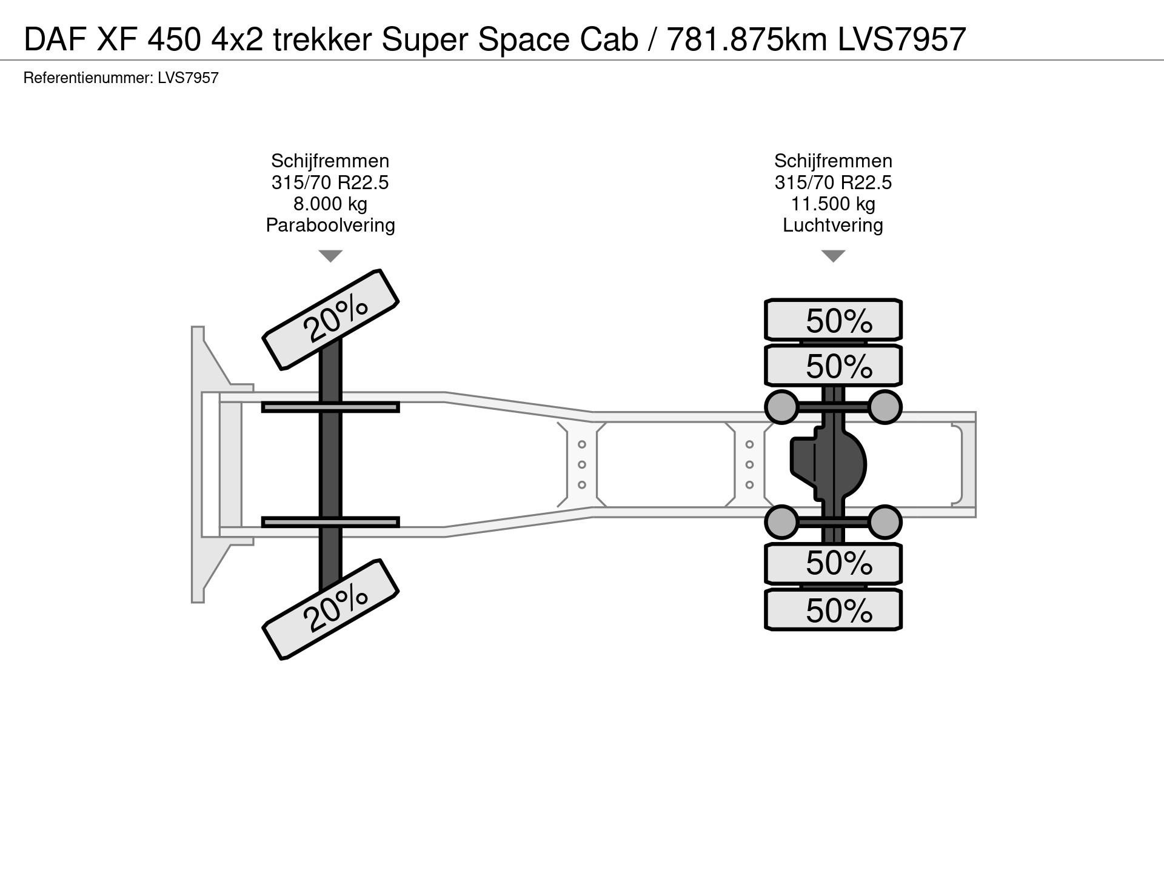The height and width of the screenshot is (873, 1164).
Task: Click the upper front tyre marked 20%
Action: [x=330, y=319]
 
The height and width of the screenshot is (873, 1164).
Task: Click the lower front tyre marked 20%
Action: [x=330, y=609]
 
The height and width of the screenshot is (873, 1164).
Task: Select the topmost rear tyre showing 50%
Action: [x=834, y=319]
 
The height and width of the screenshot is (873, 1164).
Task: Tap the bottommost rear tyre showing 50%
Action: [x=834, y=610]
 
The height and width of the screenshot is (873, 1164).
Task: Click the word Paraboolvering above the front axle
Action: [x=330, y=226]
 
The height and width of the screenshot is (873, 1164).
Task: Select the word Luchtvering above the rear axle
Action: [x=833, y=226]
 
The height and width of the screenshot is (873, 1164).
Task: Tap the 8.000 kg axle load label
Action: [x=330, y=204]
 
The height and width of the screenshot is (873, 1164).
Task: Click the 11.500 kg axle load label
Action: [x=833, y=204]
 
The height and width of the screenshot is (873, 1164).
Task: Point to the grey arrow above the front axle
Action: [x=330, y=256]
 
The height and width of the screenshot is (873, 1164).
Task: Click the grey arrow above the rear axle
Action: [x=833, y=256]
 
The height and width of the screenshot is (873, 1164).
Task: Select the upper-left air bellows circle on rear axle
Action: [x=782, y=407]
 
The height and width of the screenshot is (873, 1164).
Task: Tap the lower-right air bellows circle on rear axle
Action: [x=885, y=521]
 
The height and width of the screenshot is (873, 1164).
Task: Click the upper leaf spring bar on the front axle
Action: [x=330, y=407]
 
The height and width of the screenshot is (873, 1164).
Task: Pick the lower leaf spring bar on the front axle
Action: [x=330, y=522]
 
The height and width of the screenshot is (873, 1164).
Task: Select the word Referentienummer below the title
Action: [x=87, y=78]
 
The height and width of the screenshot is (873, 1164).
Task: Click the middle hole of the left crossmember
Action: [x=582, y=465]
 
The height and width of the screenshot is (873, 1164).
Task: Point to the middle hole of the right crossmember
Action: [x=750, y=465]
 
